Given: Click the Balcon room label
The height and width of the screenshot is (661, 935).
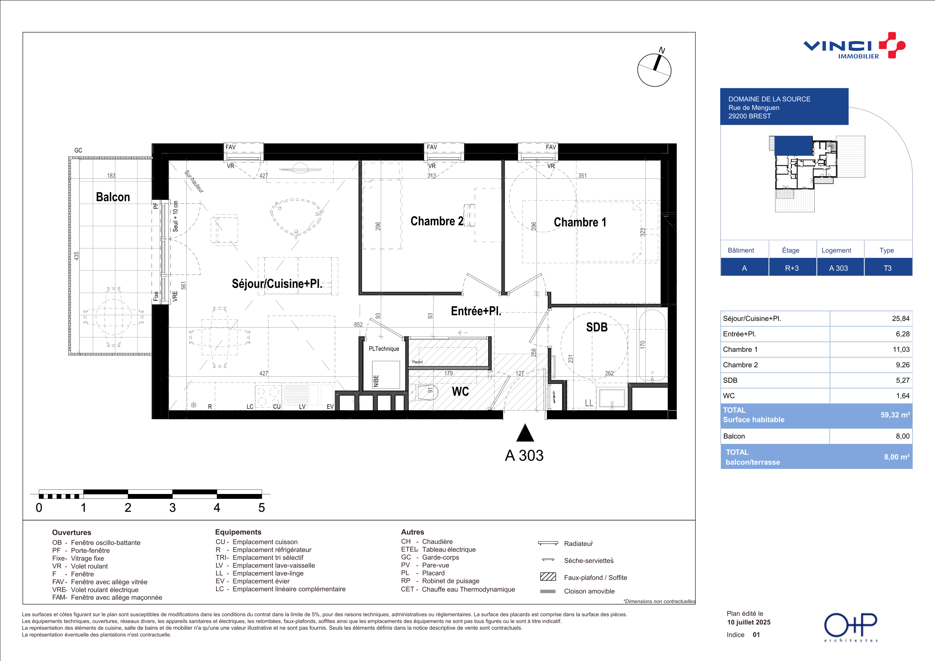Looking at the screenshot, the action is coord(113,197).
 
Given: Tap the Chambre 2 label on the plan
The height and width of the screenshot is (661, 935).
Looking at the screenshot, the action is coord(437,221).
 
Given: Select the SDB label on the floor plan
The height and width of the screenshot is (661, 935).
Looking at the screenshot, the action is coord(596,327).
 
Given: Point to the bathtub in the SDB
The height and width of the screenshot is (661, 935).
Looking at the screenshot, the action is coord(652,346).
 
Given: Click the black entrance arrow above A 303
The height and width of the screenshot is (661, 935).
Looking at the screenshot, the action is coord(525,432).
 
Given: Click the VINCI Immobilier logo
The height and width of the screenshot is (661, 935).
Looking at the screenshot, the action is coord(854,46).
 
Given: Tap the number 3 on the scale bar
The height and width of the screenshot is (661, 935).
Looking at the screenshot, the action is coord(173,508).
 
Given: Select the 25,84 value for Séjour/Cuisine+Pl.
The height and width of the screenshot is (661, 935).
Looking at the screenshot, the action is coord(900,319).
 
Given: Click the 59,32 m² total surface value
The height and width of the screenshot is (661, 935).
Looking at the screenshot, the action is coord(895,415).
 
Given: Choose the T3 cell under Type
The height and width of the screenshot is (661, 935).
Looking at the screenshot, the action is coord(887,268).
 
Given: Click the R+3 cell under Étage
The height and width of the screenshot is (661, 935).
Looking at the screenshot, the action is coord(792,268).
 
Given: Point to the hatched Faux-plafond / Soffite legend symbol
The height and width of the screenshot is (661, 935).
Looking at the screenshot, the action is coord(548,577).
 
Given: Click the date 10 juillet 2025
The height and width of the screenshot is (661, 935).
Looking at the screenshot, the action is coord(749,622).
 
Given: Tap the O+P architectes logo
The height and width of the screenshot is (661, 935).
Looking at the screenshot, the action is coord(851,627).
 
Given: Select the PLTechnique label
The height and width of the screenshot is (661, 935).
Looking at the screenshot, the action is coord(383,349).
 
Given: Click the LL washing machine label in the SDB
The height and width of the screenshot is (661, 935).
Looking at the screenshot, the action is coord(589,403).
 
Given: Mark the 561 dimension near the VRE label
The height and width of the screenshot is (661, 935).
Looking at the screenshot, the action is coord(184,285).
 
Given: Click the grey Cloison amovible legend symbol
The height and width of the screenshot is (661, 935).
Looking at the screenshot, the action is coord(548,591).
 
